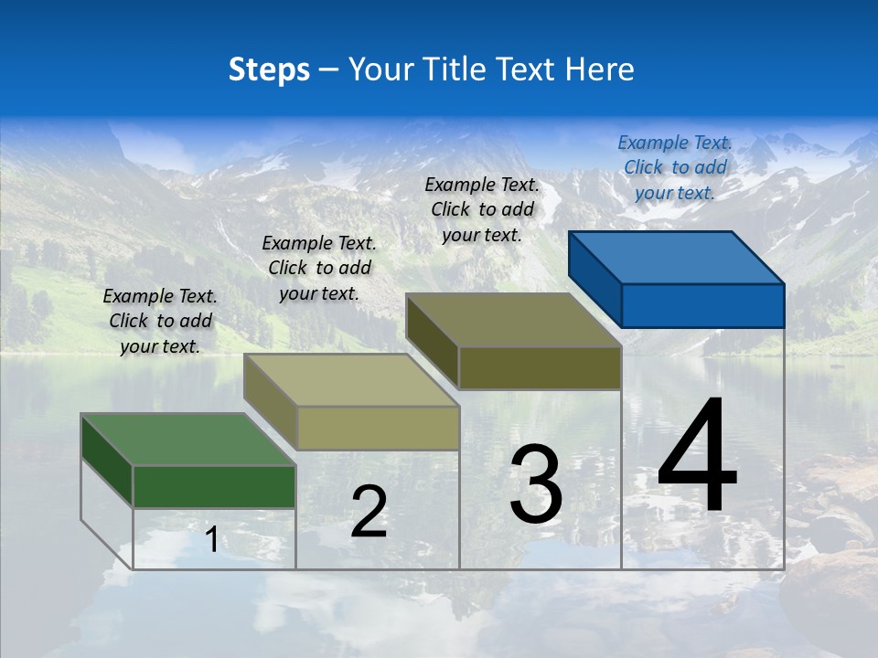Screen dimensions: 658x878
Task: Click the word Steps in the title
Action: tap(269, 69)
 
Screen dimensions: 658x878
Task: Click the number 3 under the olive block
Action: tap(536, 485)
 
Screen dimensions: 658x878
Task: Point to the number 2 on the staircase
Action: tap(369, 512)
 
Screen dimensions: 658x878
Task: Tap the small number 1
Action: tap(211, 540)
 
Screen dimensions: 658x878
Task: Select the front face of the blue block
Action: tap(702, 305)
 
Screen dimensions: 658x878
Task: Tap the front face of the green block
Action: tap(214, 486)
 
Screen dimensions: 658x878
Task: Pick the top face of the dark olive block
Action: tap(513, 320)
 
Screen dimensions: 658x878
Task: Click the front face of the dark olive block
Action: tap(540, 368)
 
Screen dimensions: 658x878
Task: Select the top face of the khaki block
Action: tap(350, 380)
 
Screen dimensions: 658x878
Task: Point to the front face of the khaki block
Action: tap(377, 428)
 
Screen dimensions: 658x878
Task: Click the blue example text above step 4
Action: tap(675, 167)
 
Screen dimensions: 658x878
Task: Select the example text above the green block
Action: tap(160, 321)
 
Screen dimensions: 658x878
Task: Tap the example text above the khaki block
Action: tap(319, 268)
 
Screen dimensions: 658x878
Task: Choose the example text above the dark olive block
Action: tap(482, 209)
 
